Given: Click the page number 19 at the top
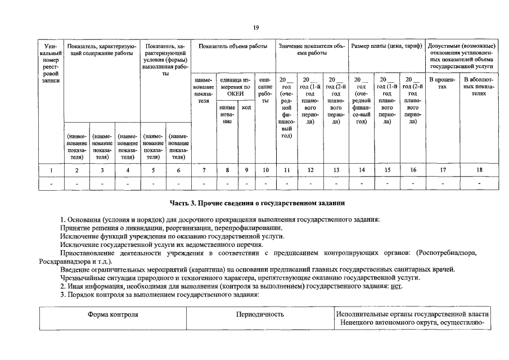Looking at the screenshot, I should (255, 27).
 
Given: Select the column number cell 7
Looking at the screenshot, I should (204, 170).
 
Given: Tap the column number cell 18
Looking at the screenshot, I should (480, 170).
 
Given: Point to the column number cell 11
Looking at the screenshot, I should (286, 170).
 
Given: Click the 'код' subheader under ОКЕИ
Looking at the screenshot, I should (246, 107).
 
